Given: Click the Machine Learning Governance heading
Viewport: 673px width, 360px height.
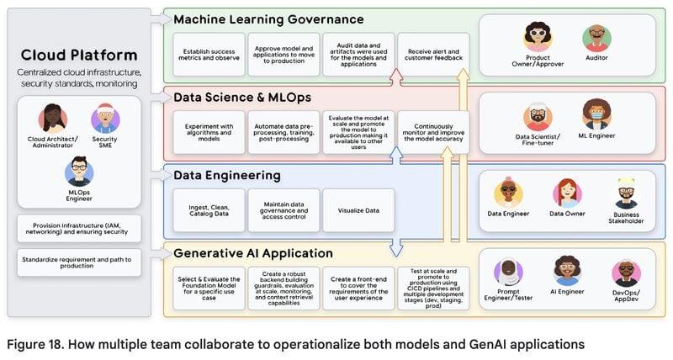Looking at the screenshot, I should (268, 19).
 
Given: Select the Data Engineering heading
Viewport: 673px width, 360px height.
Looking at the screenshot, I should (226, 176).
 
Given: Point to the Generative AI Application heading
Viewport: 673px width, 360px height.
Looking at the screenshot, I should (253, 253).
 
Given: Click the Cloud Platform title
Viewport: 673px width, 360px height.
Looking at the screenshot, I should (78, 56).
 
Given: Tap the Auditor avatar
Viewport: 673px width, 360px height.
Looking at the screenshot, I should (596, 38).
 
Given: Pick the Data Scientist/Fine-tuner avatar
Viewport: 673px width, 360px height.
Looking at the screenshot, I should (538, 117).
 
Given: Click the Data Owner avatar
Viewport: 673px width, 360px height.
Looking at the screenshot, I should (568, 193).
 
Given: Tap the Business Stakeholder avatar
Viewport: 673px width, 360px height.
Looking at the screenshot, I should (626, 193).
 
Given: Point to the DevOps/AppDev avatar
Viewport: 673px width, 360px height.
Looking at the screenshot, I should (626, 272).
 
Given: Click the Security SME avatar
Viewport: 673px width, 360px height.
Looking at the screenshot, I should (105, 119).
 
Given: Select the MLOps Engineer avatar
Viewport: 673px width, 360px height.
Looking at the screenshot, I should (79, 172).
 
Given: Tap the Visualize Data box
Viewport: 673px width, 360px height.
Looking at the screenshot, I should (346, 210).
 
